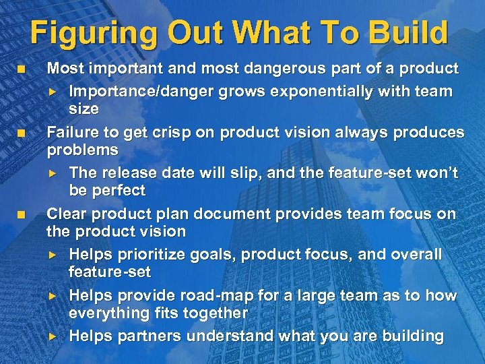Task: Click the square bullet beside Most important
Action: pyautogui.click(x=22, y=69)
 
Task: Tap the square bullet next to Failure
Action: pyautogui.click(x=22, y=133)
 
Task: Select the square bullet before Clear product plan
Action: pyautogui.click(x=22, y=215)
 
